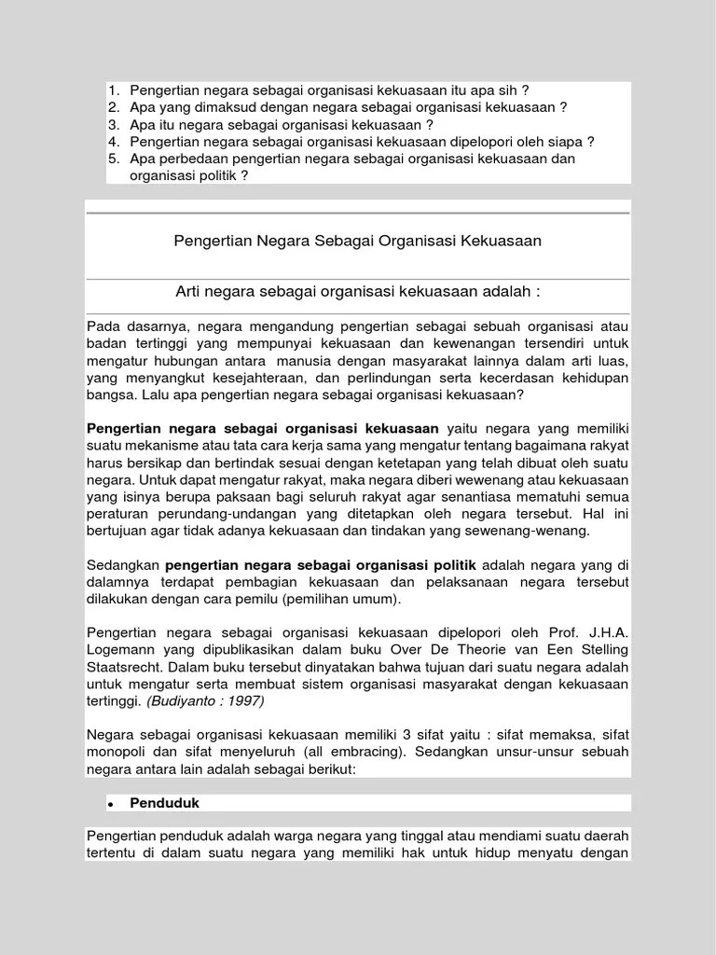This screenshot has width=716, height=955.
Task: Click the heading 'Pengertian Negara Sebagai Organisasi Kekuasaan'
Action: pos(357,242)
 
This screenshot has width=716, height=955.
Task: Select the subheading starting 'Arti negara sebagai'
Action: pos(357,293)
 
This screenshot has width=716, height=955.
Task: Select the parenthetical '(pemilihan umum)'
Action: pos(342,599)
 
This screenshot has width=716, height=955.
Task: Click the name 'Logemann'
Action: pos(122,649)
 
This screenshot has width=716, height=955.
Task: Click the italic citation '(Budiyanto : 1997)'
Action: pos(204,701)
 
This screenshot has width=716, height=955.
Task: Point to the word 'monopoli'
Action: pos(117,752)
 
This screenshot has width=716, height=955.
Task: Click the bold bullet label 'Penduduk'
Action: pos(164,803)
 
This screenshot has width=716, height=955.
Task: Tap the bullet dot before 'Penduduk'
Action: pos(109,804)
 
